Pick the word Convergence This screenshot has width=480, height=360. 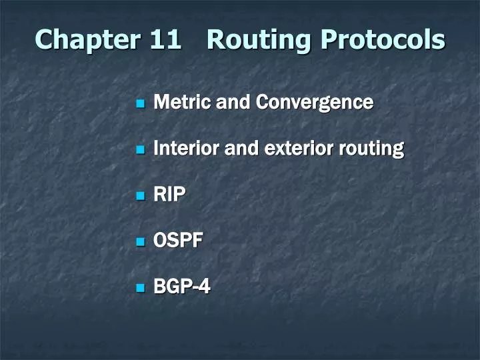coord(315,103)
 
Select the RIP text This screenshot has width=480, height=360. coord(169,195)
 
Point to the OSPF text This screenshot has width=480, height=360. coord(177,241)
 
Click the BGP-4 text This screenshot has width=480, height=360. coord(182,287)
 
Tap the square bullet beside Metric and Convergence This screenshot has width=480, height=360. coord(141,103)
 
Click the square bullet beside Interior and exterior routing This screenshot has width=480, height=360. coord(141,149)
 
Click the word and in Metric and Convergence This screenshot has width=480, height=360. coord(229,102)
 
